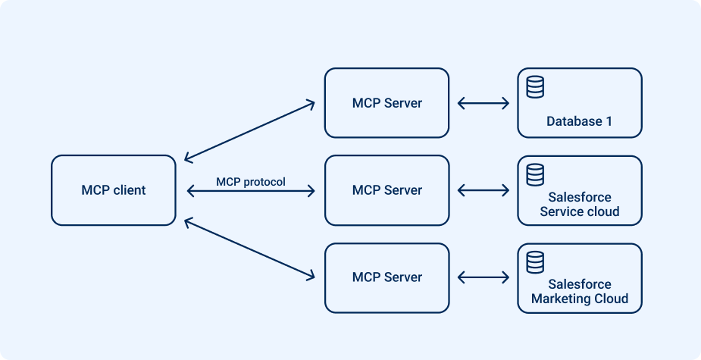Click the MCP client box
coord(114,190)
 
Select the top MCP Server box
coord(386,103)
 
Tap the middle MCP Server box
coord(386,190)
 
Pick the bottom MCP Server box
coord(386,277)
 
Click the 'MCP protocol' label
coord(251,182)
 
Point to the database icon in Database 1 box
coord(535,87)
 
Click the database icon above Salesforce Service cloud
coord(535,174)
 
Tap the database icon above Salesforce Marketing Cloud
coord(535,261)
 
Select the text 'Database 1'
coord(579,121)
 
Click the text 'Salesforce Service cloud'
coord(580,205)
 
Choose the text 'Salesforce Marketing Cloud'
coord(580,292)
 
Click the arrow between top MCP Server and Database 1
coord(484,103)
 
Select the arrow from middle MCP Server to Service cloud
coord(484,190)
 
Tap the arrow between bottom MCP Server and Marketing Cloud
coord(484,277)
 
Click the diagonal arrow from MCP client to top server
coord(250,130)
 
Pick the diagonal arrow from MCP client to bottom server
coord(250,249)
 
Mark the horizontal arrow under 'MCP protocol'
coord(250,193)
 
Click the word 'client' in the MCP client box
coord(130,190)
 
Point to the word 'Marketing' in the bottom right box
coord(559,299)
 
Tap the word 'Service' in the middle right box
coord(560,211)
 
